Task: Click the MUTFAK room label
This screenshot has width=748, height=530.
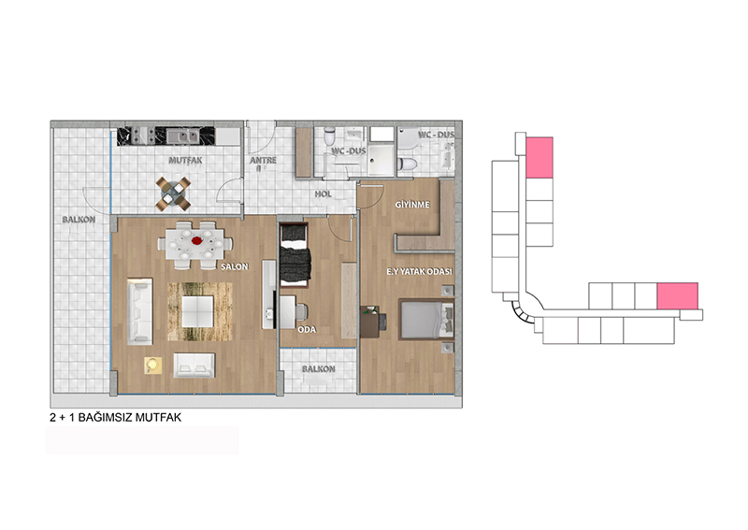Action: click(185, 160)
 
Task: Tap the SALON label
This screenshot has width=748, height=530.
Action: click(235, 266)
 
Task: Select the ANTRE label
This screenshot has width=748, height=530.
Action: click(263, 160)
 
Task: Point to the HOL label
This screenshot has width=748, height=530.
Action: click(323, 194)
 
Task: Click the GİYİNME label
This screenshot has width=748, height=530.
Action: click(412, 205)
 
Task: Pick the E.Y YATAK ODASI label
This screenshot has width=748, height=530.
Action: click(419, 271)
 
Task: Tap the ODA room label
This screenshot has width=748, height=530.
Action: click(307, 330)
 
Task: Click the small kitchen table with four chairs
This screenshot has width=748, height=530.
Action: click(173, 194)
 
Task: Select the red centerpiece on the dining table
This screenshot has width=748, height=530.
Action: click(197, 241)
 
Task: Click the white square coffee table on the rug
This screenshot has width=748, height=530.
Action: click(197, 311)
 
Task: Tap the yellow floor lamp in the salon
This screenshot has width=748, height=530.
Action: click(153, 365)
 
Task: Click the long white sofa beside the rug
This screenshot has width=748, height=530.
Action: click(139, 311)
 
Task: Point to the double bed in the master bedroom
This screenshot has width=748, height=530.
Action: click(426, 319)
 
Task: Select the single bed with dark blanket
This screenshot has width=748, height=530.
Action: click(295, 255)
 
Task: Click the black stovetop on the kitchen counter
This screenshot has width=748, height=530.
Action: click(143, 136)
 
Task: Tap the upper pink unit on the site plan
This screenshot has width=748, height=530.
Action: click(539, 157)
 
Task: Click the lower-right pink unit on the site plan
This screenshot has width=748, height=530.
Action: click(677, 295)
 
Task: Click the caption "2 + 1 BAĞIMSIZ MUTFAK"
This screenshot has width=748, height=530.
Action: click(115, 418)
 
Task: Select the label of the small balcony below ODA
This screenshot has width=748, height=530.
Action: click(318, 369)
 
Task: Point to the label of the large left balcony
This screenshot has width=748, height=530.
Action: click(79, 220)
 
